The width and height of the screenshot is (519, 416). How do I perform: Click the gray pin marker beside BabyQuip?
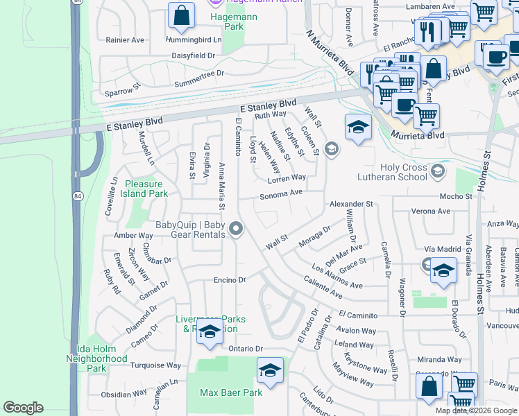pos(237,228)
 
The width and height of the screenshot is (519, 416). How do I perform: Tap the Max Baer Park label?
pos(231,392)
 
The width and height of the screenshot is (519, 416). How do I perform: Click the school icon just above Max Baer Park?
pos(270,371)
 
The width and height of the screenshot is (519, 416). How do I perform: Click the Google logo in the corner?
pos(23,408)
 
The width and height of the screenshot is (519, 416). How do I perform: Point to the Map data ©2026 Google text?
pos(475,410)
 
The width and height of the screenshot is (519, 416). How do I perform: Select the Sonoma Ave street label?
pos(282,194)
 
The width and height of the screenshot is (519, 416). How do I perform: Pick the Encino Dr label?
pos(230,280)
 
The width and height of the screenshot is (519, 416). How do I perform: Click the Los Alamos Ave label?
pos(337,276)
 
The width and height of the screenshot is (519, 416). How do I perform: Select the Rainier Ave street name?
pos(125,40)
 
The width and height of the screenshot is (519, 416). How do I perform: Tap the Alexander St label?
pos(351,205)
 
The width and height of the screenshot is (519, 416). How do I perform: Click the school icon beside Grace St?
pos(442,272)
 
